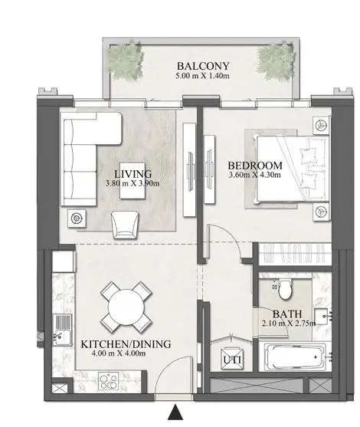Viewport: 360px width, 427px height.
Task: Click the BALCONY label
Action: [203, 66]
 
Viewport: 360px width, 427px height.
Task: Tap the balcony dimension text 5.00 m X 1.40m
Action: [202, 75]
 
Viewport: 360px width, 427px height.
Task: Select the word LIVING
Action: [133, 173]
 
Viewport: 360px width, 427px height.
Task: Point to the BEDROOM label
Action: [255, 166]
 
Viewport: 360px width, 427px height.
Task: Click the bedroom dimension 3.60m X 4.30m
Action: [255, 175]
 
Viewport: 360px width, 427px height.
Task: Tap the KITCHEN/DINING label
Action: [126, 344]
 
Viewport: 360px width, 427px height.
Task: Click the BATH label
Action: [287, 314]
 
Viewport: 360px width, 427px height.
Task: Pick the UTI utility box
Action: [232, 359]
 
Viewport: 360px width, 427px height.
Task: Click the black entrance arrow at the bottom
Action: [175, 412]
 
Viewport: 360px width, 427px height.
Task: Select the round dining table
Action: [126, 307]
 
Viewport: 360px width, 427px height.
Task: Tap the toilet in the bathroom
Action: [285, 289]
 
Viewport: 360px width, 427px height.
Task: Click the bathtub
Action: [295, 356]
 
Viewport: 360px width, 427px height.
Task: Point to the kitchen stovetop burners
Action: [108, 381]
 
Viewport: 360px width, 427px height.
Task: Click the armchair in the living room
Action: [125, 225]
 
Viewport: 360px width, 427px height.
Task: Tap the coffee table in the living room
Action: [133, 181]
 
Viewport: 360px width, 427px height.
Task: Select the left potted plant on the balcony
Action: [125, 61]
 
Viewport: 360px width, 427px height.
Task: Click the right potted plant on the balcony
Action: [276, 61]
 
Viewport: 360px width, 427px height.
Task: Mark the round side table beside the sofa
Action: [77, 218]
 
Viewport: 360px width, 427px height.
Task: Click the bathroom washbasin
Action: [322, 316]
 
